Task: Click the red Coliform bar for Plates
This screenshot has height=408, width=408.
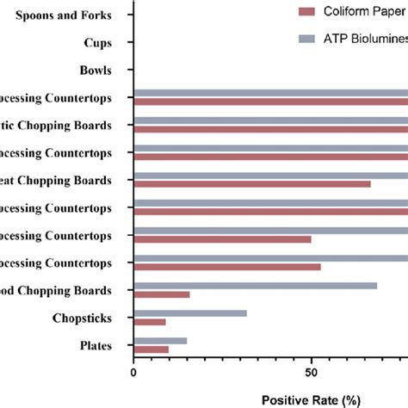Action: (151, 349)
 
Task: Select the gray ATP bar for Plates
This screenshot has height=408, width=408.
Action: (160, 341)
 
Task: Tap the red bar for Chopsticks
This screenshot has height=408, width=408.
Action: (149, 322)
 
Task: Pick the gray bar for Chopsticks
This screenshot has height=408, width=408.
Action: (189, 313)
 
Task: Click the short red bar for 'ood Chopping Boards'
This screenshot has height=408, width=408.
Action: (161, 294)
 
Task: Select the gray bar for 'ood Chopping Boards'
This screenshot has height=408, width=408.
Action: (255, 285)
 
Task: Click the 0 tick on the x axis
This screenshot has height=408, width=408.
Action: (133, 372)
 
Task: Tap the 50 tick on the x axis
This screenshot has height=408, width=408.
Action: (312, 372)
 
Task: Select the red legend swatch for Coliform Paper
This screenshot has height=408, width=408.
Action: (308, 12)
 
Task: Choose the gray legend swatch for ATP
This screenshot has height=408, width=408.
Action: (308, 40)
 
